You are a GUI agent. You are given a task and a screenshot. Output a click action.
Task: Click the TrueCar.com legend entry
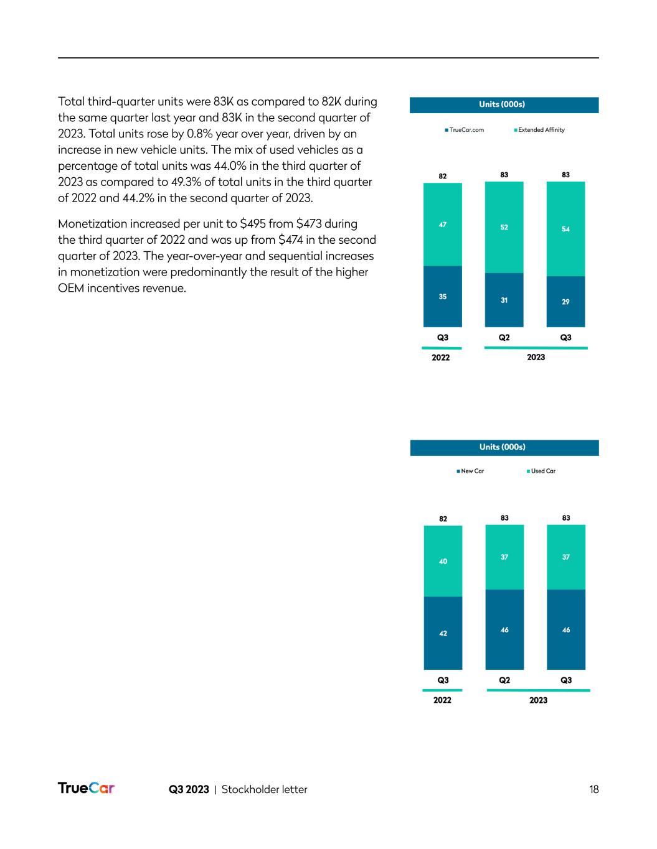point(465,130)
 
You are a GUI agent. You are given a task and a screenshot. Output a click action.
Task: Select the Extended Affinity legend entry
point(539,130)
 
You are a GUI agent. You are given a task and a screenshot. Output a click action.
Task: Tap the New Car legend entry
point(470,471)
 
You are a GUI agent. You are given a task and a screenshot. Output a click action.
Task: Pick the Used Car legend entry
point(541,471)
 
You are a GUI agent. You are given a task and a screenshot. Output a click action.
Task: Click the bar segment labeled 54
point(565,229)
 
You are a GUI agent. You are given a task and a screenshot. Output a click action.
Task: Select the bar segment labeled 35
point(442,297)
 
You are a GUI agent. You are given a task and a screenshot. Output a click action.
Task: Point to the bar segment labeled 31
point(504,300)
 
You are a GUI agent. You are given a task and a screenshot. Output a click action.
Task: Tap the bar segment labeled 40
point(443,561)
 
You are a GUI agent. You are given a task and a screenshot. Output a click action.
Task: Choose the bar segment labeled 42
point(443,633)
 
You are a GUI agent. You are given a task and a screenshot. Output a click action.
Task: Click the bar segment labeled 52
point(504,227)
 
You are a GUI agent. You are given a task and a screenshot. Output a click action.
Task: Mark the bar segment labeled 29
point(565,302)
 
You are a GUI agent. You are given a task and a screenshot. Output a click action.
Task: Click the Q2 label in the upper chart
point(504,338)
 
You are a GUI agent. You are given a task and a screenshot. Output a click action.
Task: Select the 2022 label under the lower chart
point(442,700)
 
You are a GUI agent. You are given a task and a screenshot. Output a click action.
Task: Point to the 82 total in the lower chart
point(443,519)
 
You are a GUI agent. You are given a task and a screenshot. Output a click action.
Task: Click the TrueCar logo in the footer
point(86,788)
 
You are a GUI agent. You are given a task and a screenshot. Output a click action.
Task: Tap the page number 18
point(593,789)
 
